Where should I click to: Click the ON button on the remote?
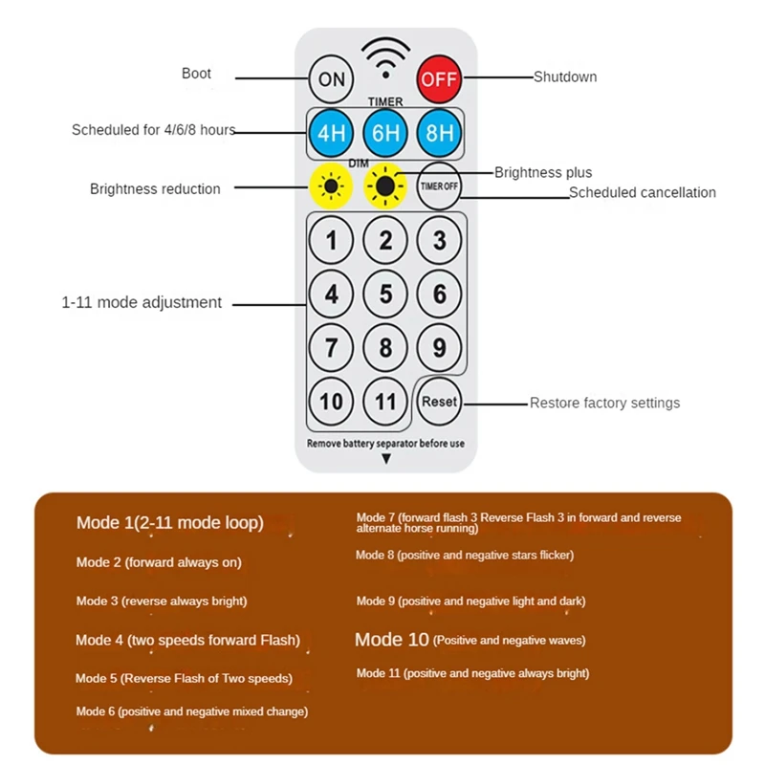pyautogui.click(x=331, y=78)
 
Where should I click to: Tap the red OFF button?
pyautogui.click(x=439, y=78)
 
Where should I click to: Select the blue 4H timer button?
pyautogui.click(x=331, y=133)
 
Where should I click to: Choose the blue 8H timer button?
pyautogui.click(x=439, y=133)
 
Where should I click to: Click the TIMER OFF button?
pyautogui.click(x=439, y=186)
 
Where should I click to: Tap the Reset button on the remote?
pyautogui.click(x=439, y=402)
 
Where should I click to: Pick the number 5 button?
pyautogui.click(x=385, y=294)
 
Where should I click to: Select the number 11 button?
pyautogui.click(x=385, y=402)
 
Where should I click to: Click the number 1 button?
pyautogui.click(x=331, y=240)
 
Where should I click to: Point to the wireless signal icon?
pyautogui.click(x=385, y=57)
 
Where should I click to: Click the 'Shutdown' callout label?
pyautogui.click(x=565, y=76)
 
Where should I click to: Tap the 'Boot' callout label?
pyautogui.click(x=196, y=74)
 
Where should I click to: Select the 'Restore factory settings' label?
pyautogui.click(x=604, y=404)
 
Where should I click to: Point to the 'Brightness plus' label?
pyautogui.click(x=543, y=173)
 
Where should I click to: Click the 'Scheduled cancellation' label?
pyautogui.click(x=642, y=193)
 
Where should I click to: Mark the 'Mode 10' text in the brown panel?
pyautogui.click(x=392, y=640)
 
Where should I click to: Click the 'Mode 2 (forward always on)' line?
pyautogui.click(x=159, y=562)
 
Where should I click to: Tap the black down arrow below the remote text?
pyautogui.click(x=386, y=460)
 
